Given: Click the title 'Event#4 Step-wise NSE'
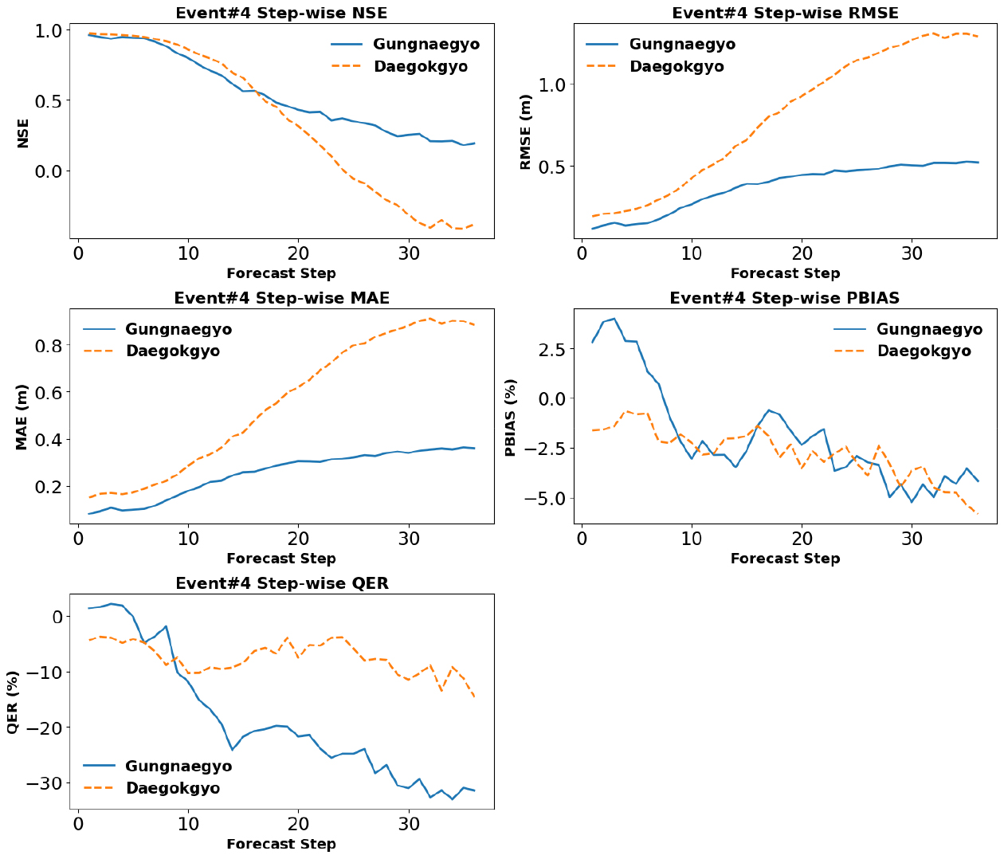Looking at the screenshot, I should pyautogui.click(x=281, y=13).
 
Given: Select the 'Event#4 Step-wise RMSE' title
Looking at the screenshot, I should pyautogui.click(x=785, y=13).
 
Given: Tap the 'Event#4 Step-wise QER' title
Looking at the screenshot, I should pyautogui.click(x=281, y=583).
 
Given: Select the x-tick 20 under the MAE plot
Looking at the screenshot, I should pyautogui.click(x=298, y=538).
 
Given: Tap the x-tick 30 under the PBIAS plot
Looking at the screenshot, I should pyautogui.click(x=912, y=538).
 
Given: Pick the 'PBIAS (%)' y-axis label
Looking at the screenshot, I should pyautogui.click(x=511, y=418).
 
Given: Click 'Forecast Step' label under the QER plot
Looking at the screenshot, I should pyautogui.click(x=281, y=844).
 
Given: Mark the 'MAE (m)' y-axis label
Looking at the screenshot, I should pyautogui.click(x=22, y=418).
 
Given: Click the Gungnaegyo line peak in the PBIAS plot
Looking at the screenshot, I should pyautogui.click(x=614, y=319).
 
